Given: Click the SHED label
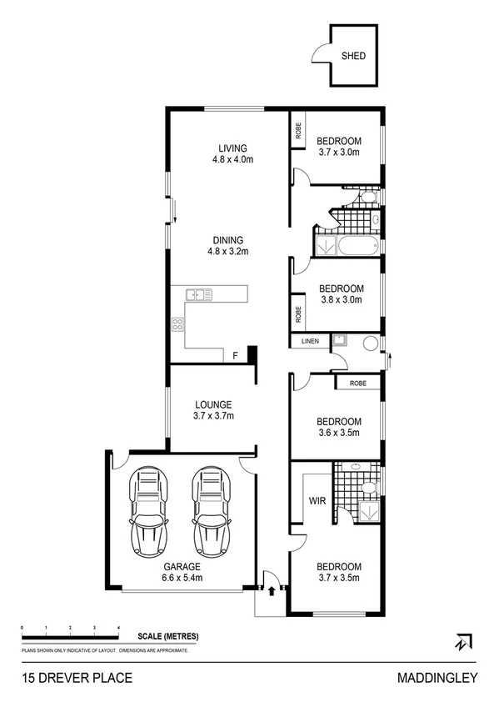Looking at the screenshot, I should coord(353,58).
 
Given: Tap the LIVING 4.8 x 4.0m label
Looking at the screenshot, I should coord(228,153).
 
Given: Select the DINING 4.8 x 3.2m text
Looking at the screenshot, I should coord(228,245).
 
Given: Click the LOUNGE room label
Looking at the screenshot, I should coord(214,410).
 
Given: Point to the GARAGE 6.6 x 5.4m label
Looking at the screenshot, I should coord(182,571).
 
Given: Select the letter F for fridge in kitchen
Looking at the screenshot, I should coord(236,356).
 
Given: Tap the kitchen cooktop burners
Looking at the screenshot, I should coord(177,324).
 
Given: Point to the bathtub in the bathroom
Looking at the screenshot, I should coord(355,246).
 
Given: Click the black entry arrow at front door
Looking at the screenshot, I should coord(272,589).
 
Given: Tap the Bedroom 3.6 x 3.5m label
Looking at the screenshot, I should coord(339,427).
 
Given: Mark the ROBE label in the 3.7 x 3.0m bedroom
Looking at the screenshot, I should coord(297,131).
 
